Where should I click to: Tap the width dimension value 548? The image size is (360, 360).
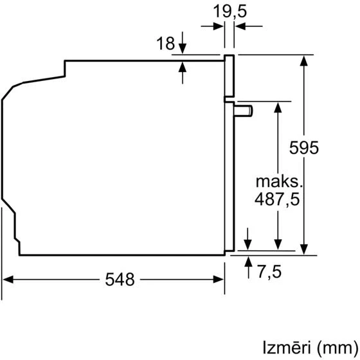tap(120, 280)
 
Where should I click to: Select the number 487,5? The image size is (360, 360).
tap(277, 199)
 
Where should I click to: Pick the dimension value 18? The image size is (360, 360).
tap(165, 44)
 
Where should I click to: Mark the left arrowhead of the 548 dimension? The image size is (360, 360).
tap(8, 280)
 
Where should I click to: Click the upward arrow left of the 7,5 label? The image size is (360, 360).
tap(249, 260)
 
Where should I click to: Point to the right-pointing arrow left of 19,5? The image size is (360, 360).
tap(219, 26)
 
